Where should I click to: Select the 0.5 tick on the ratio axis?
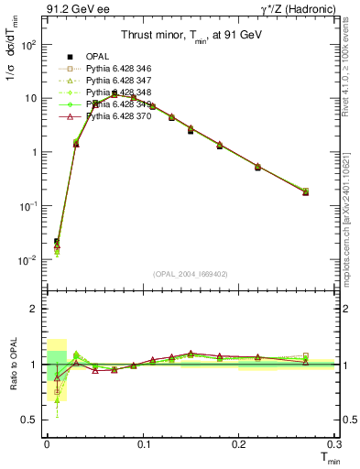pyautogui.click(x=35, y=420)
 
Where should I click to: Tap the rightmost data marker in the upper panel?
pyautogui.click(x=305, y=191)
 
